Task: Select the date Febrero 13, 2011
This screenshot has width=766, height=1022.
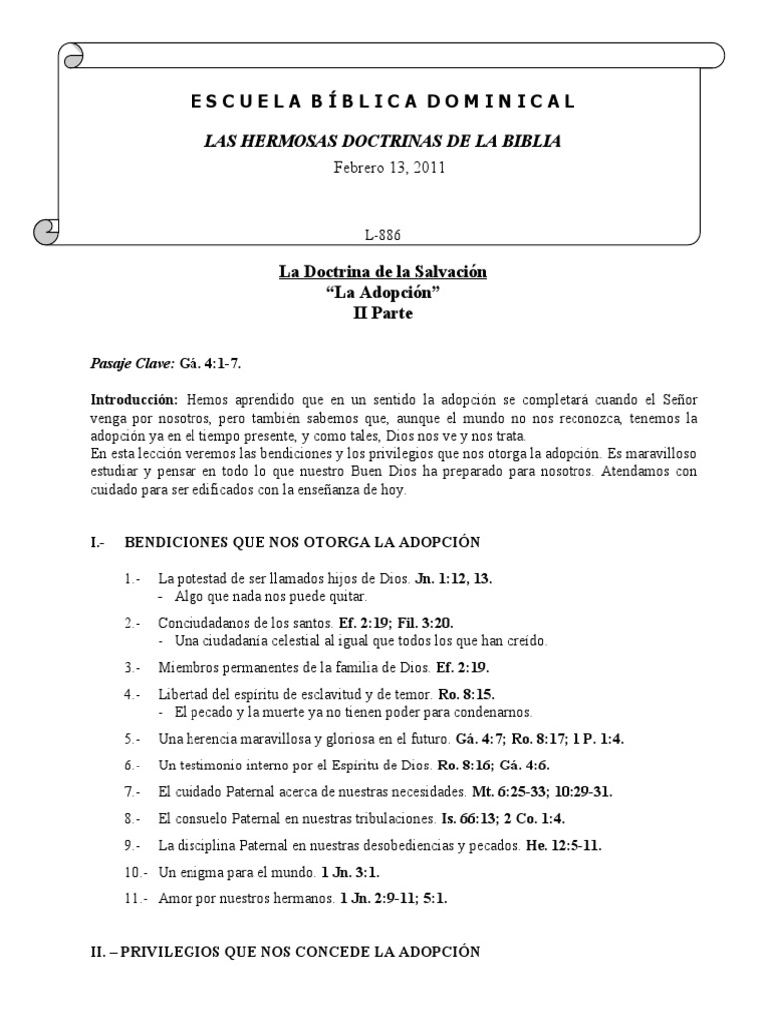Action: pos(382,167)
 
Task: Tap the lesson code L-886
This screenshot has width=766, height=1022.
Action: pos(383,234)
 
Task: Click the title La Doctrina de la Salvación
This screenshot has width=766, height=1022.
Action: pos(383,271)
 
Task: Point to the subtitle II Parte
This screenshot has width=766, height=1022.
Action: pos(383,313)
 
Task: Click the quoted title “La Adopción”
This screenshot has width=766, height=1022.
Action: pos(383,292)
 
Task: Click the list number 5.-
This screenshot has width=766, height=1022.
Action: pos(134,739)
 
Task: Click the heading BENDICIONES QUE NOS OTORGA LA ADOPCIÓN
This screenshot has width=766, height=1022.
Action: pos(302,542)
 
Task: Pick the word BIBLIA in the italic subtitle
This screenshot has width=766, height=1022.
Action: pos(533,141)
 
